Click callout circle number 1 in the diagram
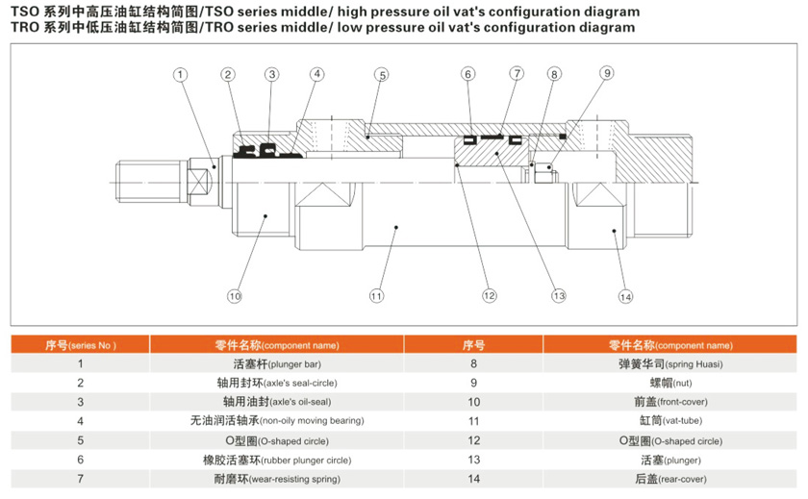tap(180, 74)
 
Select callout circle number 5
tap(382, 74)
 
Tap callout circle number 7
tap(517, 74)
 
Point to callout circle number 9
tap(606, 73)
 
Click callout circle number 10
tap(234, 296)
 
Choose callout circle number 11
tap(376, 296)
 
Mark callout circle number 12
tap(490, 295)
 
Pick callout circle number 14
tap(626, 296)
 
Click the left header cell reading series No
tap(80, 344)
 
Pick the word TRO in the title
tap(23, 28)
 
